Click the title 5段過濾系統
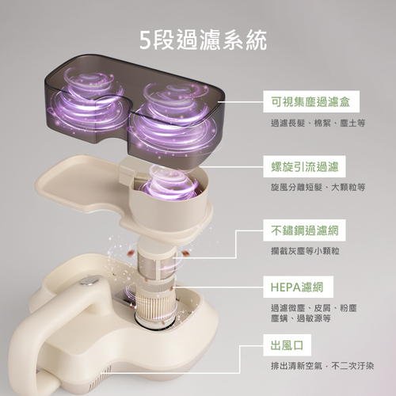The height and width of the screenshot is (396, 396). coord(203,40)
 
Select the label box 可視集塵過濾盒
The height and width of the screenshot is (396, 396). coord(311,101)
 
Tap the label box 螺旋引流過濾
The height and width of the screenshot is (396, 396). coord(304,166)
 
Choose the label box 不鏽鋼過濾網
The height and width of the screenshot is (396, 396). coord(304,230)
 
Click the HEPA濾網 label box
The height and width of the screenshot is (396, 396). coord(298,287)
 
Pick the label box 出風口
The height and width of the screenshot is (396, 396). coord(287,345)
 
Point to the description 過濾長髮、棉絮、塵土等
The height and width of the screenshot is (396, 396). coord(318,123)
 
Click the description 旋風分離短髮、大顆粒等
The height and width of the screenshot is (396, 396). coord(318,188)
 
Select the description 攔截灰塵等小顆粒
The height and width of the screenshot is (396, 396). coord(305,251)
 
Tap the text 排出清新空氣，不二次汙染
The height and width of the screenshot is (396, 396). coord(322,366)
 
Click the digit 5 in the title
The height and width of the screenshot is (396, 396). coord(145,40)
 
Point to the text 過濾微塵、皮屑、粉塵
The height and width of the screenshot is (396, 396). coord(314,308)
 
